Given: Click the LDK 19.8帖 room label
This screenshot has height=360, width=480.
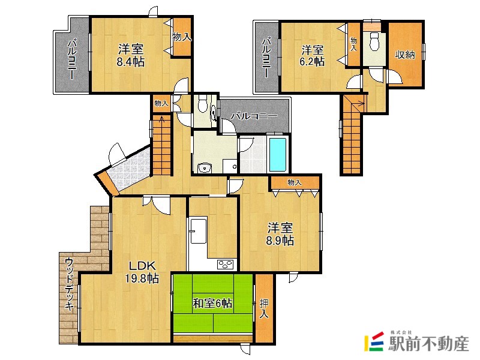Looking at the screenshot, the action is point(142,272).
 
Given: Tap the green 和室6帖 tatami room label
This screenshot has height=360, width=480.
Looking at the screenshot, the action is point(212,304).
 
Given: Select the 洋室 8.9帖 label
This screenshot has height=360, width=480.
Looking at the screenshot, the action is point(280,234).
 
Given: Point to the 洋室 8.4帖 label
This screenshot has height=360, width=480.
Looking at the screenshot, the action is point(131,55).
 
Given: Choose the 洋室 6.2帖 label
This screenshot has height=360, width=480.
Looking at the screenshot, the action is point(312,55).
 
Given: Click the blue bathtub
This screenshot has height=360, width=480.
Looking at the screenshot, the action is point(277,155).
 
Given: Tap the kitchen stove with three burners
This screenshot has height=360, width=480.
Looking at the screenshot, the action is point(226,264).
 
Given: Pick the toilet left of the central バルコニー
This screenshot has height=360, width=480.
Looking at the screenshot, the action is point(202,104).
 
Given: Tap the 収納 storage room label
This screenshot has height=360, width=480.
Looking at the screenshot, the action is point(404,55).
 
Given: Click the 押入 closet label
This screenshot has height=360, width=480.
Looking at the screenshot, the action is point(264,308).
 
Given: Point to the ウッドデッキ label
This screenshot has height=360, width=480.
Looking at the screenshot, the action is point(69,284).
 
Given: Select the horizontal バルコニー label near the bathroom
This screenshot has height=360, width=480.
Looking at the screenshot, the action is point(254,116).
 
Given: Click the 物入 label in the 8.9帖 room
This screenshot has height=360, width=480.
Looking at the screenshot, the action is point(295,183).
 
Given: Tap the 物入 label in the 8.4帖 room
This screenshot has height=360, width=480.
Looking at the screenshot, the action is point(182,37).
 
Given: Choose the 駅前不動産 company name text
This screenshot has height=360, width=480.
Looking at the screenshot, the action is point(428,344).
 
